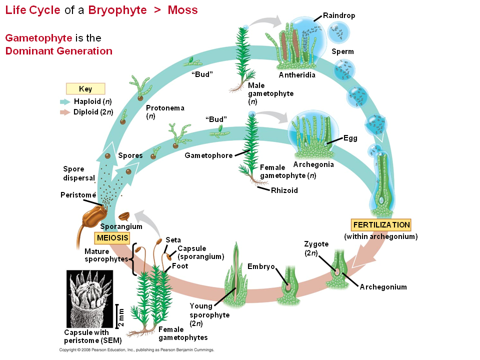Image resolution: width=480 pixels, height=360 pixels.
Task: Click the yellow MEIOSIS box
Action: click(x=112, y=237)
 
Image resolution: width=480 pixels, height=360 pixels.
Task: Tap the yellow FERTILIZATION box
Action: click(x=381, y=225)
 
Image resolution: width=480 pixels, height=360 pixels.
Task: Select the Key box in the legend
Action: click(x=85, y=89)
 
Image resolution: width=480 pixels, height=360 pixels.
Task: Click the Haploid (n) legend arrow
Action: click(x=65, y=101)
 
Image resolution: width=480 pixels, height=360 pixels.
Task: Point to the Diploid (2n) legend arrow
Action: click(x=65, y=112)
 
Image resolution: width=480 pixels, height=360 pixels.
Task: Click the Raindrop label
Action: click(x=339, y=15)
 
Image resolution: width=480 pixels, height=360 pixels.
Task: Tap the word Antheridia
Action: click(x=297, y=75)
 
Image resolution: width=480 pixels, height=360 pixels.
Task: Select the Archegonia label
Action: click(x=313, y=164)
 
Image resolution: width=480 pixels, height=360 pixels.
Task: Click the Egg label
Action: click(x=350, y=138)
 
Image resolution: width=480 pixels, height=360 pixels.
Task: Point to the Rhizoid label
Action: click(x=284, y=190)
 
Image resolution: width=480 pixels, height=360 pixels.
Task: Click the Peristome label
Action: click(x=78, y=194)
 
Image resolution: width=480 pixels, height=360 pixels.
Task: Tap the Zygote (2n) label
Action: click(x=316, y=248)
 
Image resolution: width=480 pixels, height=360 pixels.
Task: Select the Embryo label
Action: click(x=261, y=266)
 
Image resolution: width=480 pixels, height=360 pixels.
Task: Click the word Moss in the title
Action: click(x=183, y=10)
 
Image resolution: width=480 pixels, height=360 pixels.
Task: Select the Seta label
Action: click(x=173, y=239)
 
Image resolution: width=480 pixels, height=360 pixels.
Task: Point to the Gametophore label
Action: click(x=208, y=155)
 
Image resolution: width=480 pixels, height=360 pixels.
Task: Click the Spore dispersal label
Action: click(x=78, y=173)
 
